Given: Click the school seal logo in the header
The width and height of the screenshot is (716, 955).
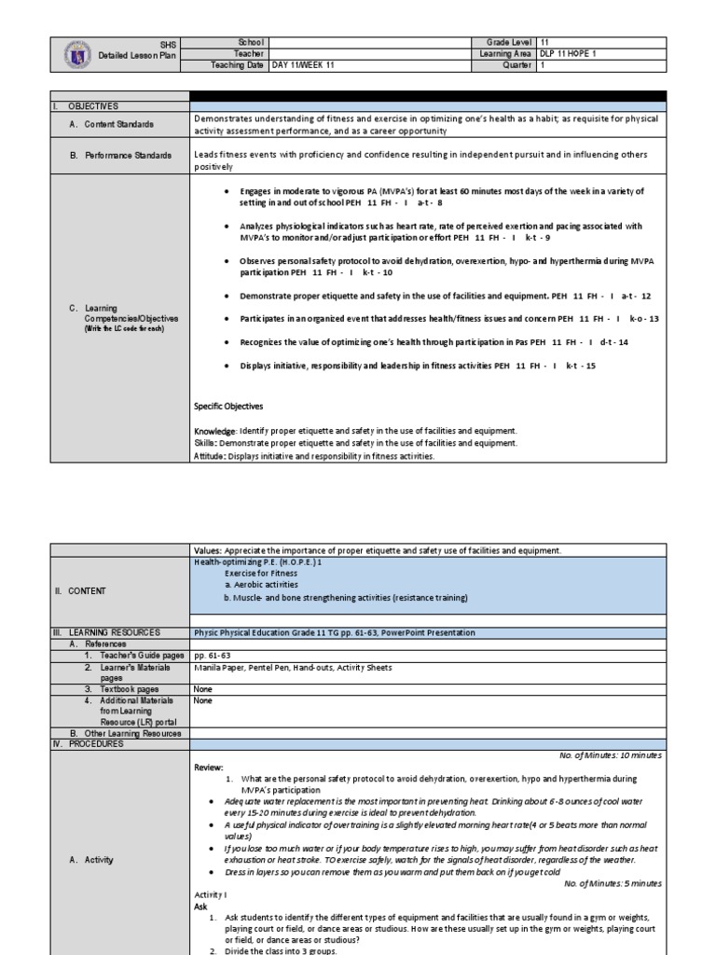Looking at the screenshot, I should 81,54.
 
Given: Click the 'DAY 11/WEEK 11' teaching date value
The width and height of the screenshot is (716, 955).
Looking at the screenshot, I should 305,65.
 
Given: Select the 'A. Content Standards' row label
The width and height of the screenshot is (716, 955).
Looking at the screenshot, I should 112,124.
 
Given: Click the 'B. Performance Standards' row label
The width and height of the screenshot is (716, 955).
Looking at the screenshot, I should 120,155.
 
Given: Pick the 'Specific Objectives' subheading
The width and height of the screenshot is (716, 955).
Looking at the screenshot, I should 228,407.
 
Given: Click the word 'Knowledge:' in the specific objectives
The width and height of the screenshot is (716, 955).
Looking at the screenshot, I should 215,431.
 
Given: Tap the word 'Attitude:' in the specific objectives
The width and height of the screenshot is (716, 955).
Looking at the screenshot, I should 213,457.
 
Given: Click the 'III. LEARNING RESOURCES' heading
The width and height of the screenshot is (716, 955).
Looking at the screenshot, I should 107,632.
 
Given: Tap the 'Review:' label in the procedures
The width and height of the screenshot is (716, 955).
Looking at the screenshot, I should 209,767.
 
